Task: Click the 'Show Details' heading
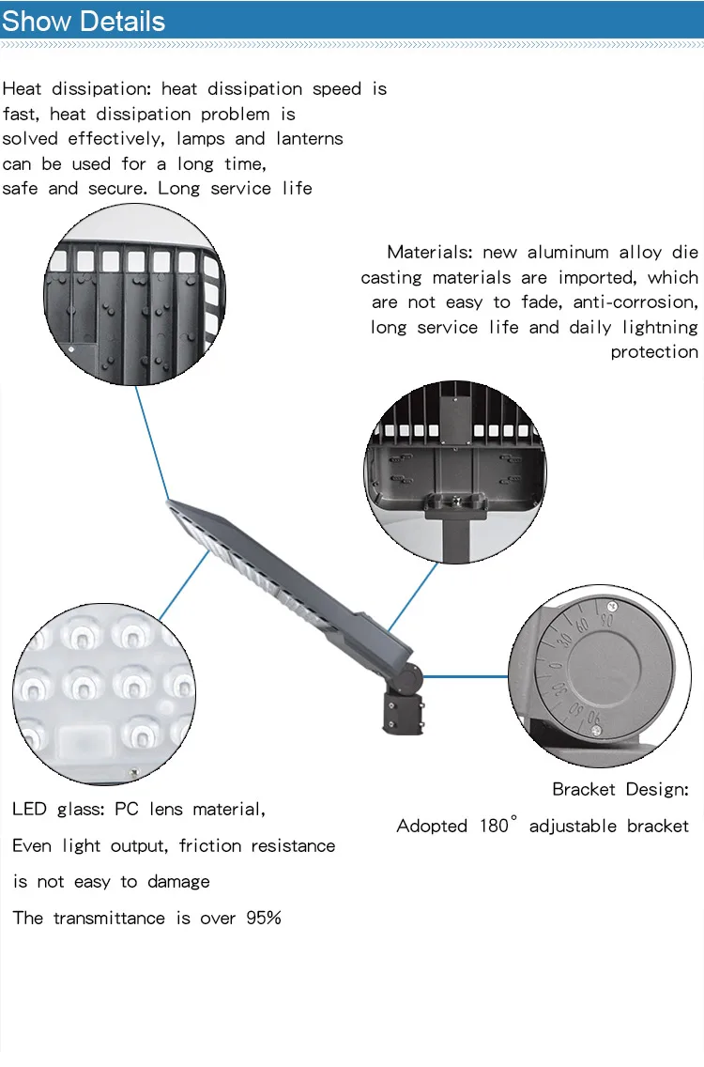tap(84, 22)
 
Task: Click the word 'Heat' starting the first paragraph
tap(22, 89)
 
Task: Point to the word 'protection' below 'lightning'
tap(654, 352)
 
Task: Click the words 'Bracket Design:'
tap(620, 790)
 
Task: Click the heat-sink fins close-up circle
tap(134, 294)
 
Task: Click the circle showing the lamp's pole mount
tap(454, 472)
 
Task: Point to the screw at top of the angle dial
tap(612, 606)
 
